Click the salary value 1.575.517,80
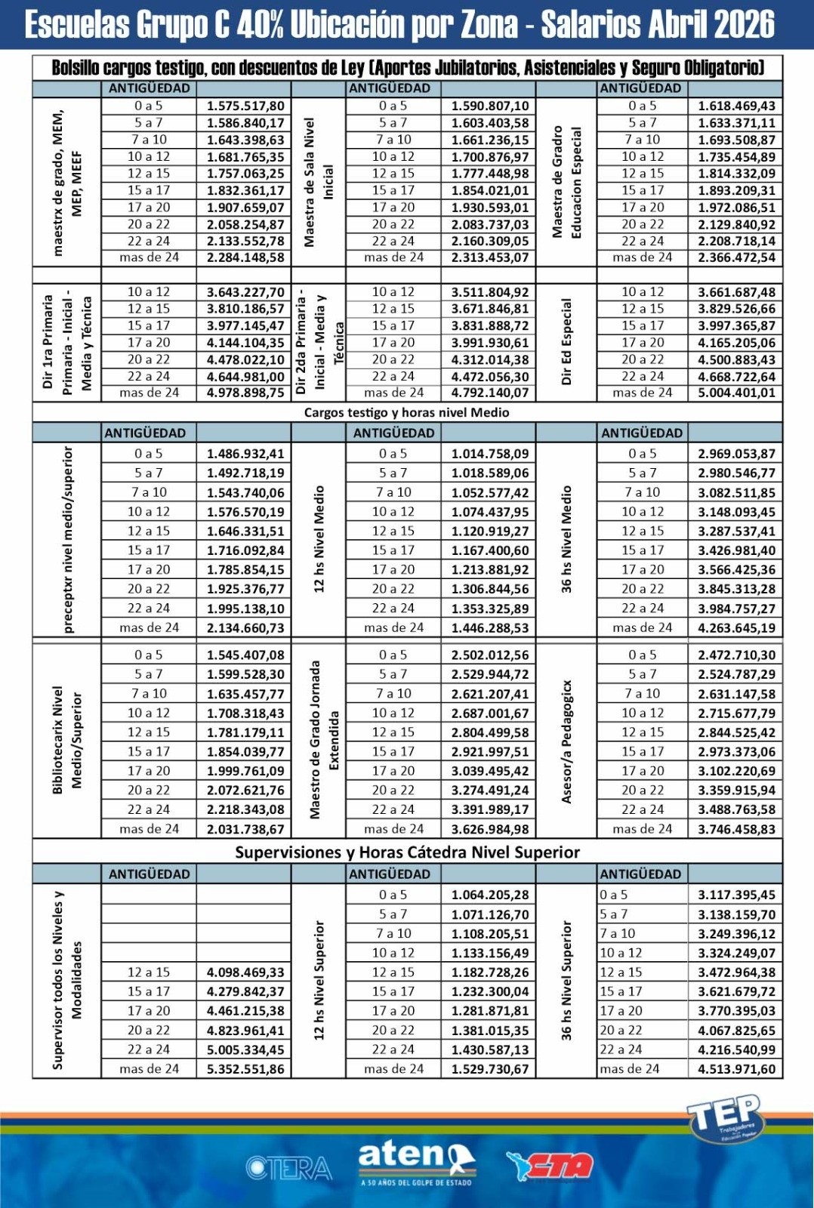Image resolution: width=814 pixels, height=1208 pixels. tap(245, 106)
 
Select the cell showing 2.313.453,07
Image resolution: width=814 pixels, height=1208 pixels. tap(490, 257)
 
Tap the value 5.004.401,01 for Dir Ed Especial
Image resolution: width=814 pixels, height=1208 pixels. tap(736, 393)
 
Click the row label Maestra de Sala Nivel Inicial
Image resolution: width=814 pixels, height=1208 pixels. tap(318, 182)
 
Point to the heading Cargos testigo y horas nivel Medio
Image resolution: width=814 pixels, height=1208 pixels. tap(406, 412)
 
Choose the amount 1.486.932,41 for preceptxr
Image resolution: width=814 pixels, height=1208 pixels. tap(245, 454)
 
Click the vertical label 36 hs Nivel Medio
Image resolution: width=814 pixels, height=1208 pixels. tap(566, 539)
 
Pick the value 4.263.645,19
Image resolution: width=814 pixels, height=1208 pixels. tap(736, 627)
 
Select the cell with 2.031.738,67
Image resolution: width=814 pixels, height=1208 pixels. tap(245, 829)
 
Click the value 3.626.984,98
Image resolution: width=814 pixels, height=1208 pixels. tap(490, 829)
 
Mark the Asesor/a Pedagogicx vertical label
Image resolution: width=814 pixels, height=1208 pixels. tap(566, 741)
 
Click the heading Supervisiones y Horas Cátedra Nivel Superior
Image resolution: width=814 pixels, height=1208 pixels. tap(407, 852)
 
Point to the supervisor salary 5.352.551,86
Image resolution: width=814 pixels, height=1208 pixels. tap(245, 1069)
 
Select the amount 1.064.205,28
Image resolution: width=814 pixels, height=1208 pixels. tap(490, 895)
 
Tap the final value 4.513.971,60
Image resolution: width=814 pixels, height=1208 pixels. tap(736, 1069)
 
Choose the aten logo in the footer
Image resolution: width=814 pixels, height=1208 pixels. tap(416, 1161)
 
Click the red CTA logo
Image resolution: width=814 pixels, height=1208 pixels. tap(550, 1166)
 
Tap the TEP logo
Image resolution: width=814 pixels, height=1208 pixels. tap(724, 1117)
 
